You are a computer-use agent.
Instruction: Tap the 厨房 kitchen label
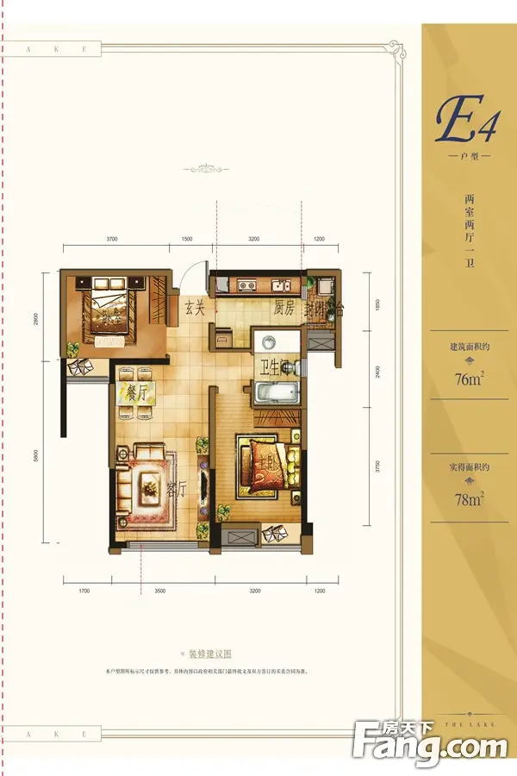(285, 309)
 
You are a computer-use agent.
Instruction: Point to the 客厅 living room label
(176, 489)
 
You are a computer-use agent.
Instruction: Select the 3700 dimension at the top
(112, 238)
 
